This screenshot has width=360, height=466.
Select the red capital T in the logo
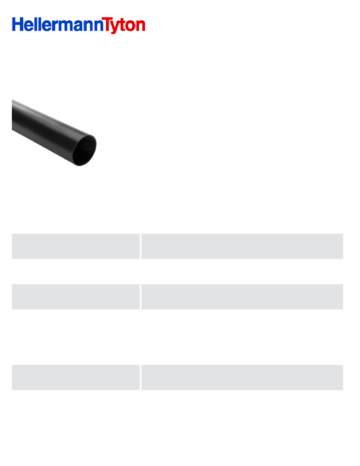pyautogui.click(x=107, y=25)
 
